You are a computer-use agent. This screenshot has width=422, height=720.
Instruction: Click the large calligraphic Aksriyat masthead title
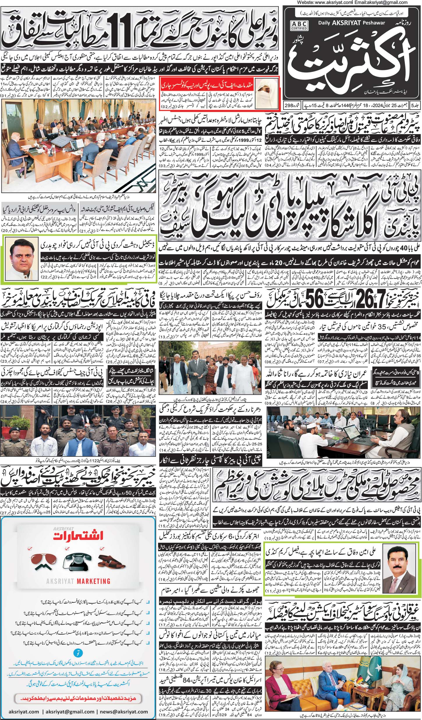(346, 61)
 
